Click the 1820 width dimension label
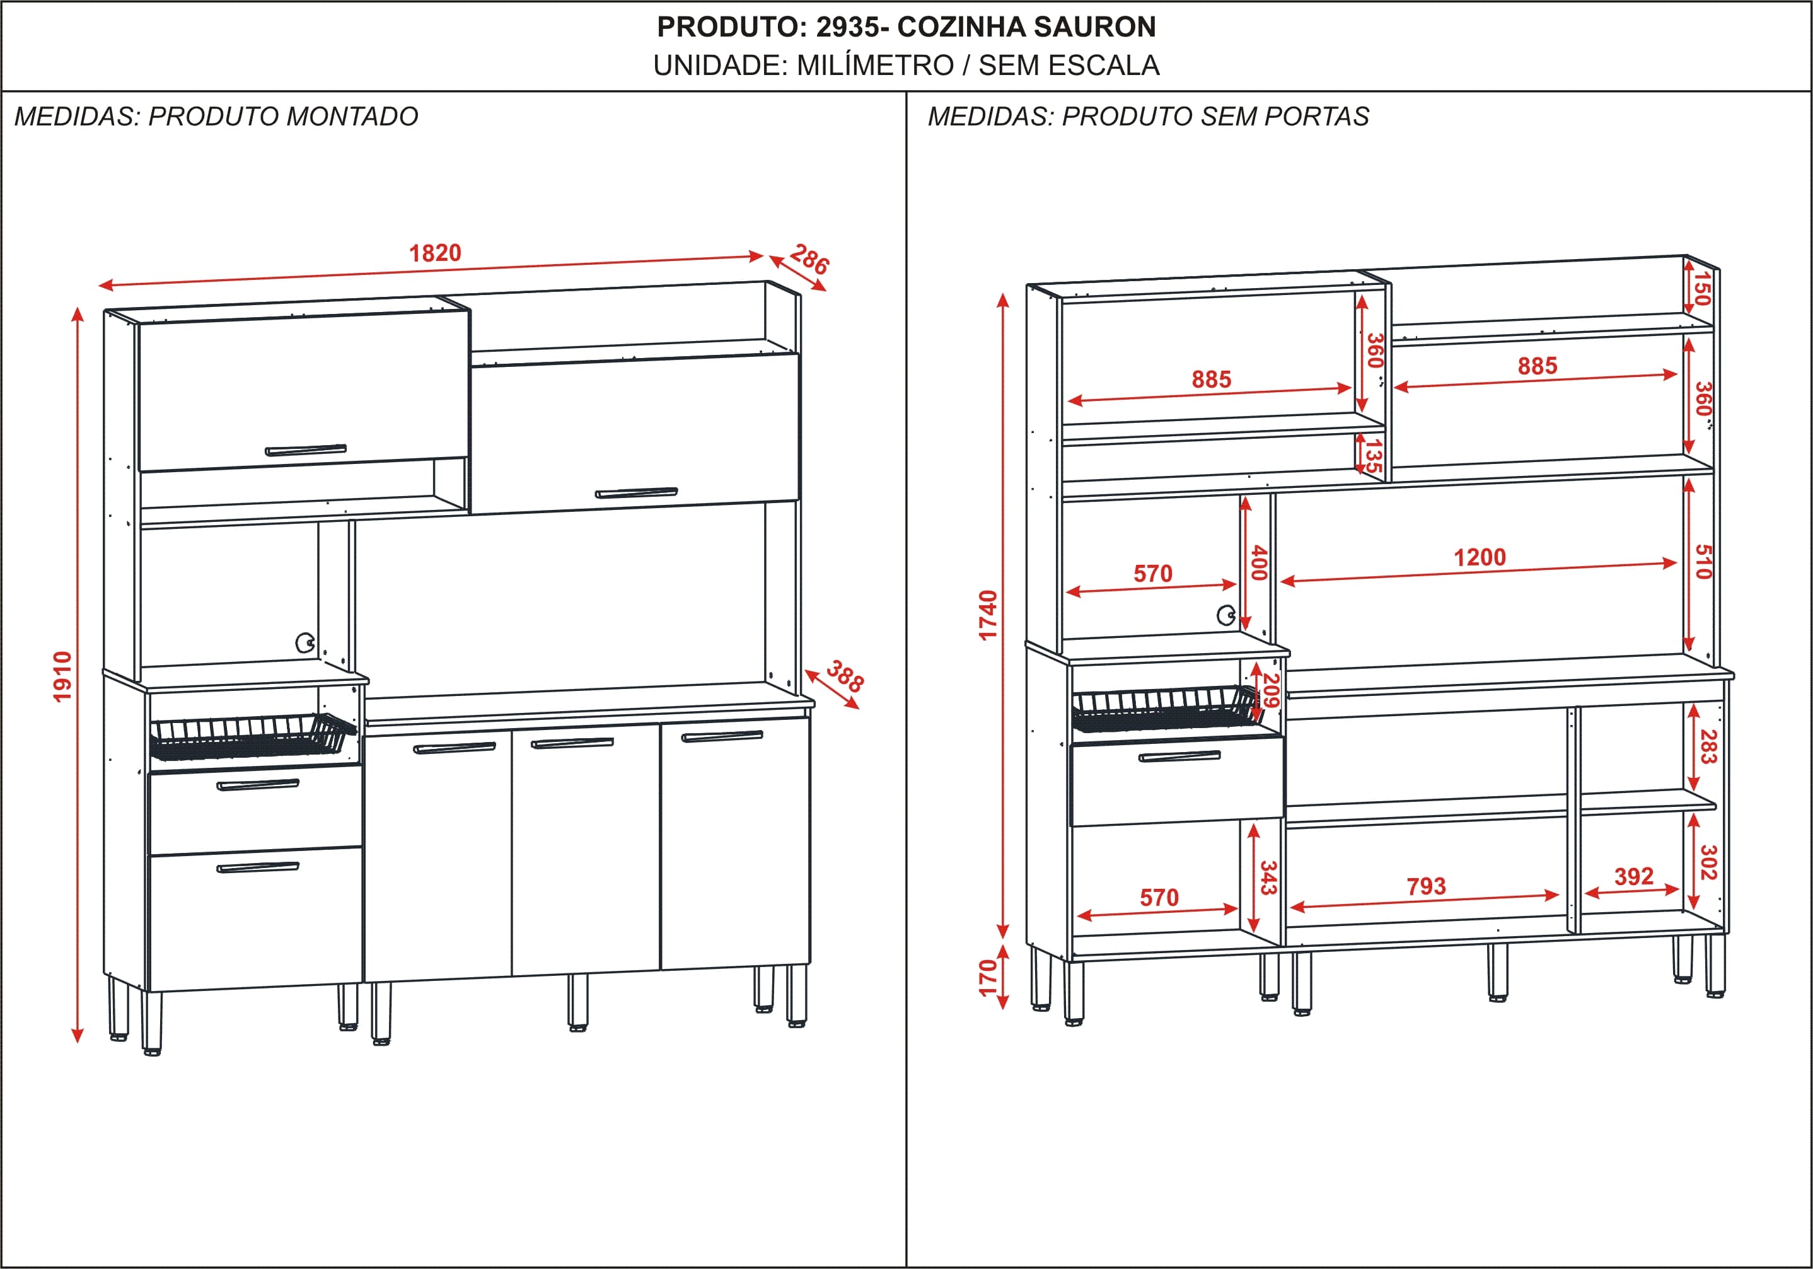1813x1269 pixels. [x=435, y=253]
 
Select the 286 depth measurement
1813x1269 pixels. [x=810, y=259]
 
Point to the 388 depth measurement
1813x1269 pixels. [x=845, y=677]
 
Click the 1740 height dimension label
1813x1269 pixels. [x=988, y=615]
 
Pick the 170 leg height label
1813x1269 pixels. [x=988, y=978]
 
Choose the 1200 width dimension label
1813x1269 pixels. [x=1480, y=557]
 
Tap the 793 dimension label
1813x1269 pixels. [x=1426, y=886]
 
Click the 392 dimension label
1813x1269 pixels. [x=1634, y=876]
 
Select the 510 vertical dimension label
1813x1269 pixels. [x=1703, y=562]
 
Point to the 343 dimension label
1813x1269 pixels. [x=1267, y=878]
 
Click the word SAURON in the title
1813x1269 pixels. [x=1094, y=27]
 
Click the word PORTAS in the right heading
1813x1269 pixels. [x=1316, y=117]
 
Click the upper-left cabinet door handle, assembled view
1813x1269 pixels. [x=306, y=450]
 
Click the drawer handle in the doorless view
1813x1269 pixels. [x=1179, y=756]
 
